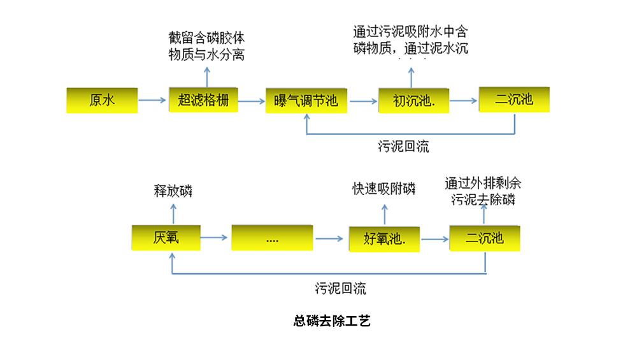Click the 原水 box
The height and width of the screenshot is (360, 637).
[102, 100]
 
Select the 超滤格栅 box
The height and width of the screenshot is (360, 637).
[203, 100]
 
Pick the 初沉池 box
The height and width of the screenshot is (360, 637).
[413, 100]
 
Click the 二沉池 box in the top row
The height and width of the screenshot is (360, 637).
[514, 99]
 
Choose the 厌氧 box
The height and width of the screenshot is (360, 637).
[166, 238]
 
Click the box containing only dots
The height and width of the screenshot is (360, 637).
[272, 238]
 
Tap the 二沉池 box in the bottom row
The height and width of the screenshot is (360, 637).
[485, 238]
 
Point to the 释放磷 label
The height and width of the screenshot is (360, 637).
[173, 191]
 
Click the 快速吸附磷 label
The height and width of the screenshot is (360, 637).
[383, 189]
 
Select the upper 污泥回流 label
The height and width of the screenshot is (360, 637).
[403, 147]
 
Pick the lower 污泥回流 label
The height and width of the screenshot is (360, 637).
[340, 288]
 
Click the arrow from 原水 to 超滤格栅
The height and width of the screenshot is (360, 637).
[153, 101]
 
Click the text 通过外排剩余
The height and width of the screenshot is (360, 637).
[483, 184]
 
